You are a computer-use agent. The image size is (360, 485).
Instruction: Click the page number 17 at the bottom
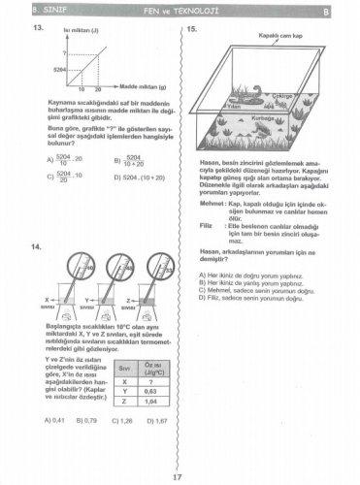click(177, 474)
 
